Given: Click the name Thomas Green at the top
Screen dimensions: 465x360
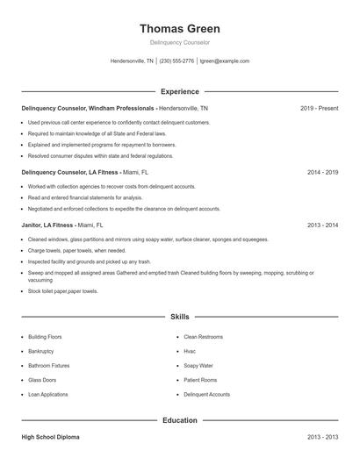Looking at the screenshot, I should [x=179, y=28].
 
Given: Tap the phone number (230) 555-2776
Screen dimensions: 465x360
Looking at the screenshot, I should [x=176, y=61].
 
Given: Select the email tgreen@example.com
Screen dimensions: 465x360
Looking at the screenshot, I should [x=225, y=61].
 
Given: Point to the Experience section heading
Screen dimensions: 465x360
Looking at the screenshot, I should [x=179, y=91].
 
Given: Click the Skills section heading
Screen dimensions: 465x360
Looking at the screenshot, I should [x=179, y=316].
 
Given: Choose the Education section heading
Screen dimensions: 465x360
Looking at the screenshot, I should [x=179, y=420].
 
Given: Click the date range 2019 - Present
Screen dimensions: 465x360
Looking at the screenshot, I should [x=319, y=108].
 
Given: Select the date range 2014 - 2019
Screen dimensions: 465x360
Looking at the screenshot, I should [x=322, y=173].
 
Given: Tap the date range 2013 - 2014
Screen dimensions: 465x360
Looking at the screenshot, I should [x=322, y=225].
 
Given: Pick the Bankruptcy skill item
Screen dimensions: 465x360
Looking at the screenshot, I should [x=42, y=351].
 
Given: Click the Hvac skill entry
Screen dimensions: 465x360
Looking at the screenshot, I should [x=190, y=351].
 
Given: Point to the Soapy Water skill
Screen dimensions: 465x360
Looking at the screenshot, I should [x=198, y=365].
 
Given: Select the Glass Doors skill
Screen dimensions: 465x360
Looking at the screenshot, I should [x=43, y=380].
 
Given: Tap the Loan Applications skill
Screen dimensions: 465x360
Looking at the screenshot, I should [x=48, y=395].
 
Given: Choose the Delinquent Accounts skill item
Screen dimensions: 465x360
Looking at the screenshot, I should [x=206, y=395].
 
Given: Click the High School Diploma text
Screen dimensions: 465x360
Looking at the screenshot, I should [x=50, y=436].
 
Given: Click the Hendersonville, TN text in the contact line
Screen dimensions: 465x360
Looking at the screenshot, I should [x=132, y=61].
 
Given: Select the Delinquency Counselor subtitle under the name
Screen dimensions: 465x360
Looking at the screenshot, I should [x=179, y=42].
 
